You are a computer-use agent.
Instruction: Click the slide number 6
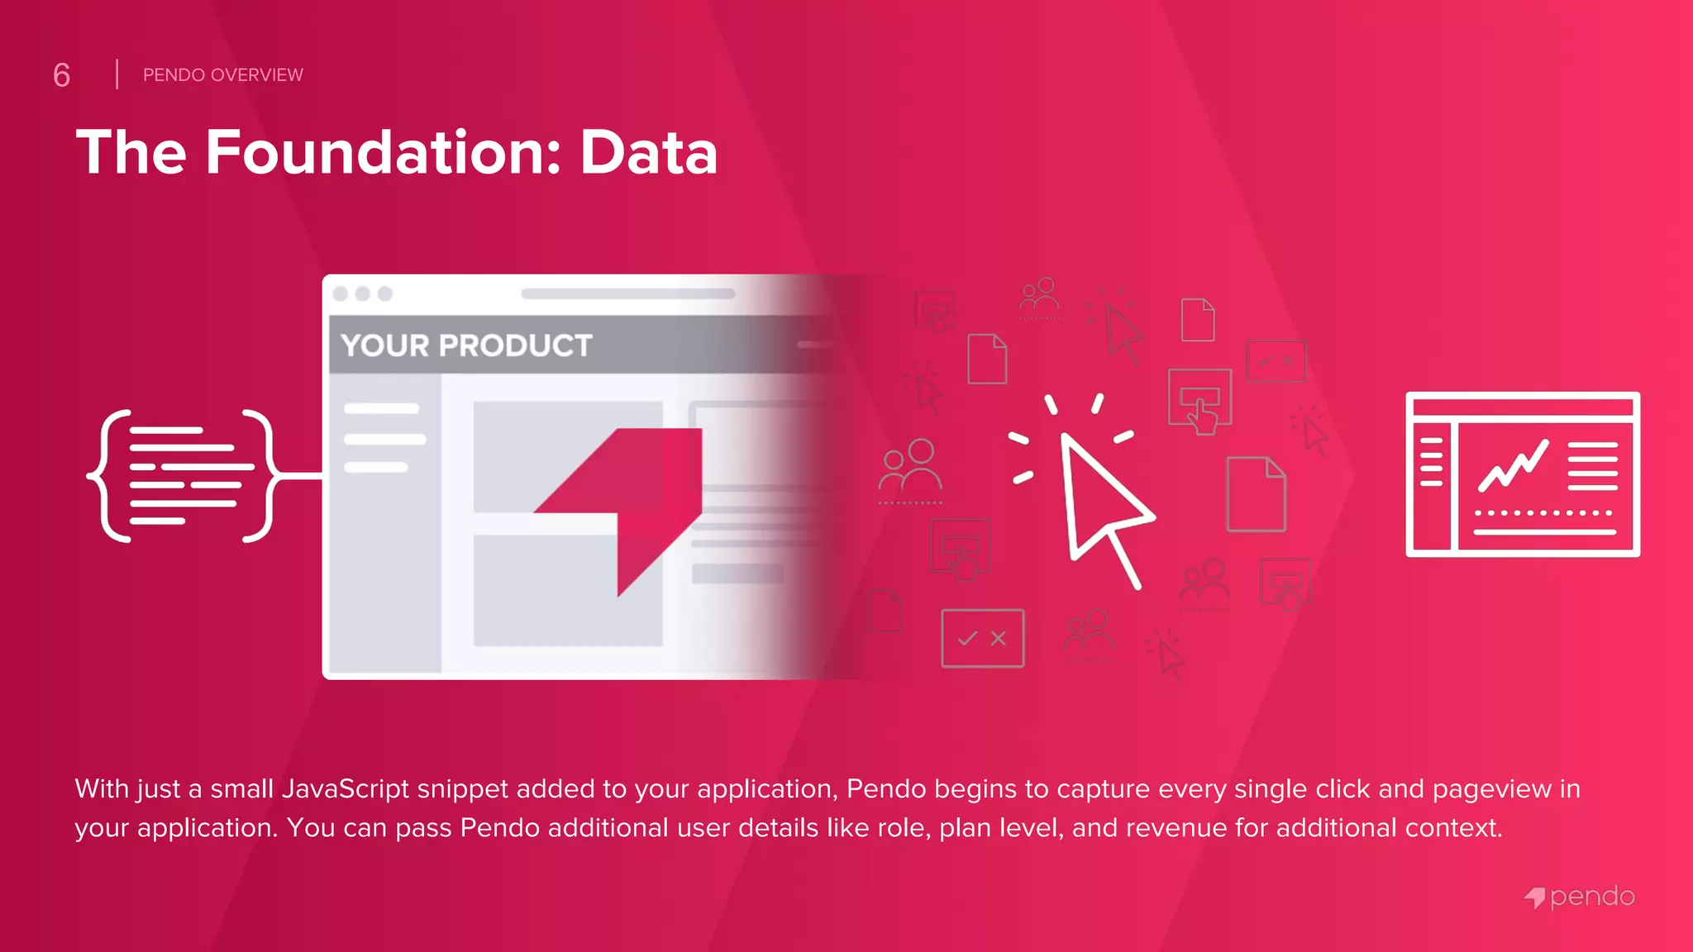tap(61, 75)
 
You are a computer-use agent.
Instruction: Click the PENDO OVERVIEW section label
tap(222, 75)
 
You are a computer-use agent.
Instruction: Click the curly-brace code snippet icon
tap(180, 475)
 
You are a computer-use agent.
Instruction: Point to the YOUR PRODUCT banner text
tap(466, 345)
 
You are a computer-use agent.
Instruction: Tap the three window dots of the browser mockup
tap(362, 293)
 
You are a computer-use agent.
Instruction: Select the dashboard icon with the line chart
tap(1523, 474)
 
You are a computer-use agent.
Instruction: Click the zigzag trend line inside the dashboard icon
tap(1513, 466)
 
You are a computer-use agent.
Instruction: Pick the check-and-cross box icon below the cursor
tap(982, 638)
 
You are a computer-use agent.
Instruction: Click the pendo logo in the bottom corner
tap(1580, 897)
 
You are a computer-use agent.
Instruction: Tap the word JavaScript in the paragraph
tap(346, 789)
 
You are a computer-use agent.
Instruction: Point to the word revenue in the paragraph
tap(1177, 828)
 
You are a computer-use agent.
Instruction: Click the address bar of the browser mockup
tap(627, 293)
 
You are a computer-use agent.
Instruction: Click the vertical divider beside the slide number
tap(117, 74)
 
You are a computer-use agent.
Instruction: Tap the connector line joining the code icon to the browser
tap(299, 476)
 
